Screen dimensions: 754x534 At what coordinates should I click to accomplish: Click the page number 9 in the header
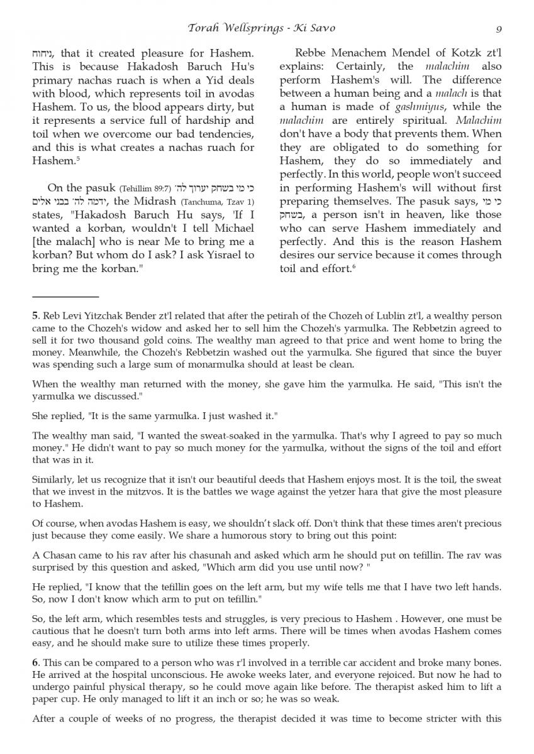(x=498, y=28)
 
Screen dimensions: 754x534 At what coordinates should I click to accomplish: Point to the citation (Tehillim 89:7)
(x=150, y=188)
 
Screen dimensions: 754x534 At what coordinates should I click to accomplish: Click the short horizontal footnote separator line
(x=65, y=296)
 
